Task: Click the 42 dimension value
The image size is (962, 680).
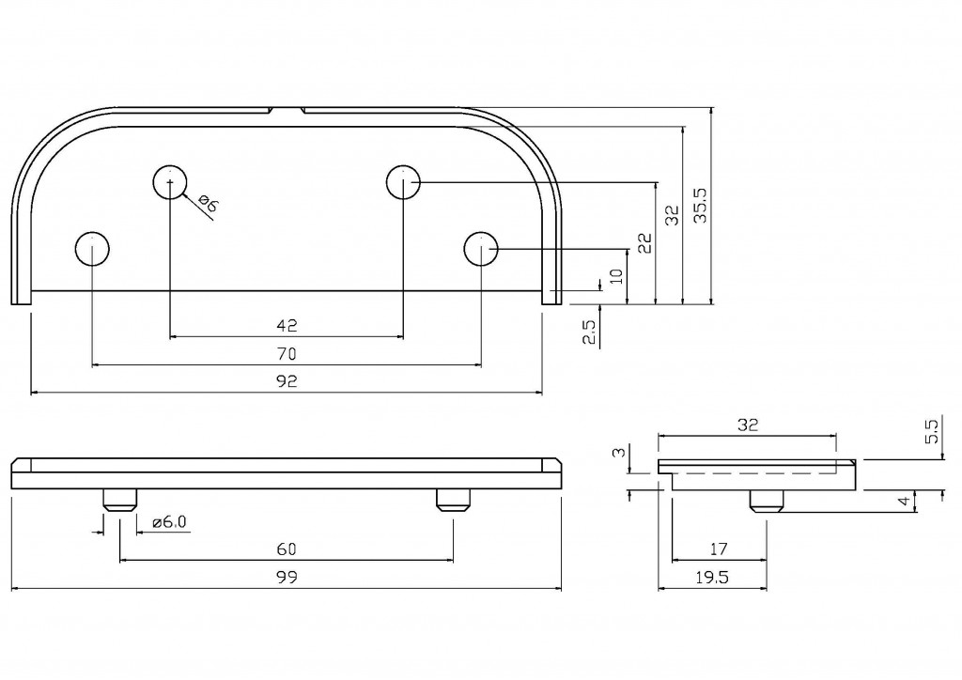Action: pyautogui.click(x=287, y=325)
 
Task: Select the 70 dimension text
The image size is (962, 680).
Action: pyautogui.click(x=287, y=354)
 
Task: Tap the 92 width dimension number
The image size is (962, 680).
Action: pyautogui.click(x=287, y=381)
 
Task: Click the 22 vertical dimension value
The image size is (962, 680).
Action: pyautogui.click(x=644, y=243)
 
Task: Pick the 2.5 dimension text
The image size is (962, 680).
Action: pyautogui.click(x=589, y=333)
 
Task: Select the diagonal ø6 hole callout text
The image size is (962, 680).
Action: pyautogui.click(x=208, y=205)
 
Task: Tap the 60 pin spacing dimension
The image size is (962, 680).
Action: pyautogui.click(x=287, y=549)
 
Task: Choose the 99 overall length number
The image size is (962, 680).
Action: pyautogui.click(x=287, y=579)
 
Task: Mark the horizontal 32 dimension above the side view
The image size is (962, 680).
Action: pyautogui.click(x=747, y=425)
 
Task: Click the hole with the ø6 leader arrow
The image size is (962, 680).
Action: pyautogui.click(x=170, y=181)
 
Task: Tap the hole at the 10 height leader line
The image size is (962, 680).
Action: pyautogui.click(x=481, y=249)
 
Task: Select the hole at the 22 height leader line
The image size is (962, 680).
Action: pyautogui.click(x=404, y=181)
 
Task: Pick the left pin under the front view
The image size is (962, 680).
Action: pyautogui.click(x=119, y=501)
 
